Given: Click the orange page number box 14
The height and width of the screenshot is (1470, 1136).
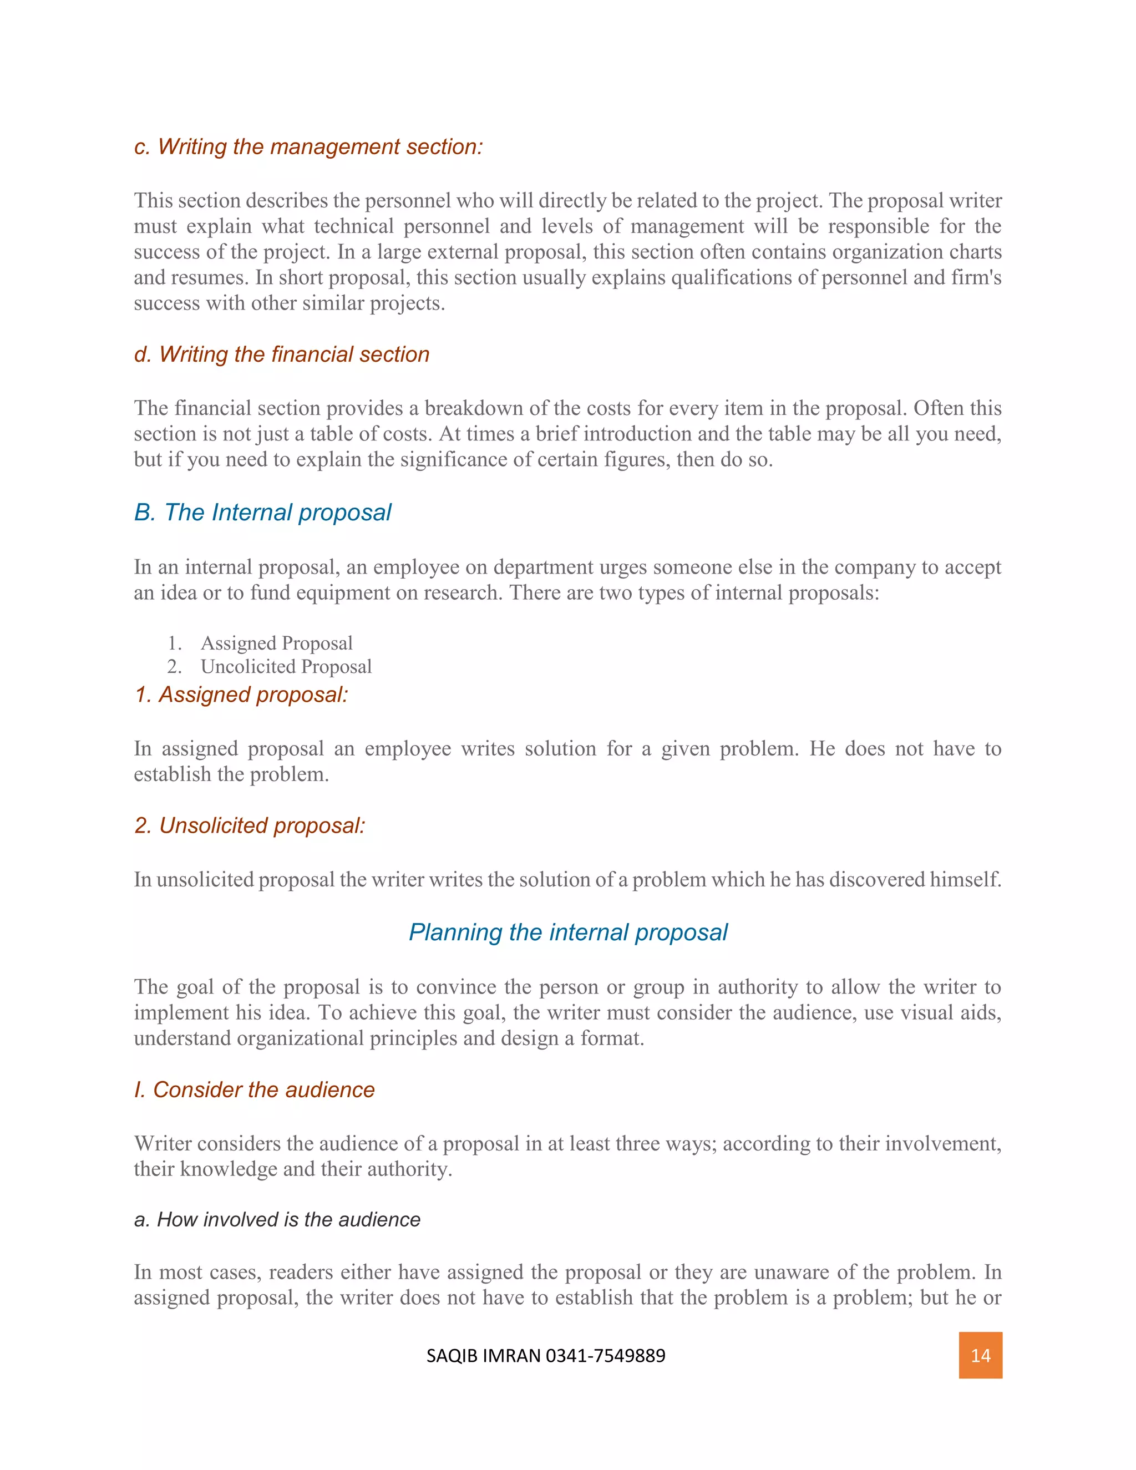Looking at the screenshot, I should [x=980, y=1355].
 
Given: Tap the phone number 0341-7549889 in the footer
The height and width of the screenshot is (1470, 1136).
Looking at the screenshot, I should [x=605, y=1356].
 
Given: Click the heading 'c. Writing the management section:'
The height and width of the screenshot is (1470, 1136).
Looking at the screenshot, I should [x=308, y=147].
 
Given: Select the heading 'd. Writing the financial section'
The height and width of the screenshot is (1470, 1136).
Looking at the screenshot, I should [x=281, y=354].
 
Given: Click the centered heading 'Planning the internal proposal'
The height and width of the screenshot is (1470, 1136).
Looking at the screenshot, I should [x=568, y=932].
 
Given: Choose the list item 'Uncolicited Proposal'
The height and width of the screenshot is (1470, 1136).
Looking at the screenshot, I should [x=286, y=666].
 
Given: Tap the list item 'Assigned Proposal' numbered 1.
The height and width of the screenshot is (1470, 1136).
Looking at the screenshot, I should [x=277, y=643].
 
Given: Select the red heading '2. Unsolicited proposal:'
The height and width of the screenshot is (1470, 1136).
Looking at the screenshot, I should [x=250, y=825].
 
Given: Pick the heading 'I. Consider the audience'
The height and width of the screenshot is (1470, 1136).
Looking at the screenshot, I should [x=255, y=1089].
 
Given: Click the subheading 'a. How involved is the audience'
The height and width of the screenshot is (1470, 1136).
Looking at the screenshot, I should [x=277, y=1220].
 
